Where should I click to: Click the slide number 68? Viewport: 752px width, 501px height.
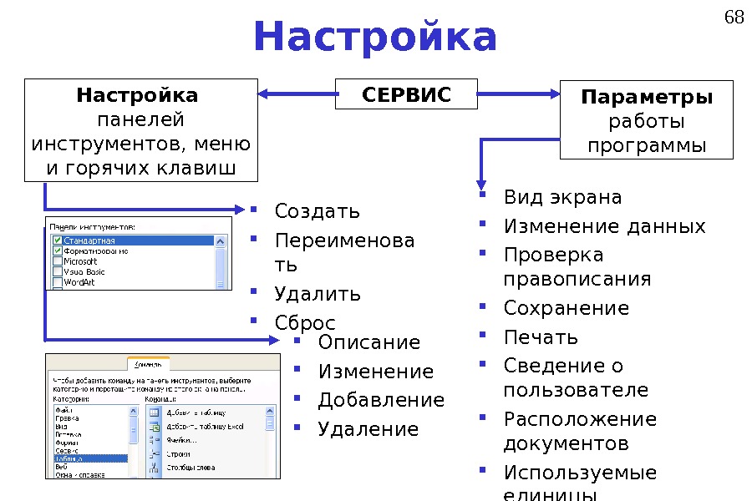[x=733, y=16]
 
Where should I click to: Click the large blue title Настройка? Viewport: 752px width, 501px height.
[x=375, y=37]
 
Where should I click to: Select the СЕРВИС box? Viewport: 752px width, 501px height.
[x=406, y=94]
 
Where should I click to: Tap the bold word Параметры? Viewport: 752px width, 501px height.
[x=647, y=98]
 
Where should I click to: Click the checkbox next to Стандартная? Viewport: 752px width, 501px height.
[x=57, y=240]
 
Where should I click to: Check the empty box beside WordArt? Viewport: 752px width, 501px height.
[x=57, y=282]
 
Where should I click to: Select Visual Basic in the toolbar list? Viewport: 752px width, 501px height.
[x=84, y=271]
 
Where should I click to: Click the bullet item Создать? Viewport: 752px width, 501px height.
[x=318, y=210]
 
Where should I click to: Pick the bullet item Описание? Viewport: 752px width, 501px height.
[x=368, y=343]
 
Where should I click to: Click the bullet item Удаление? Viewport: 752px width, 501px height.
[x=368, y=430]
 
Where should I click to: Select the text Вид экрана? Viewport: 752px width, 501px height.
[x=562, y=198]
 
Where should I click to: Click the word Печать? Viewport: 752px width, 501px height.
[x=541, y=337]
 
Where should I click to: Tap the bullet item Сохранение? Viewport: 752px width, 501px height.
[x=566, y=308]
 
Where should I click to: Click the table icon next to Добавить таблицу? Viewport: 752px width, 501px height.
[x=155, y=412]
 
